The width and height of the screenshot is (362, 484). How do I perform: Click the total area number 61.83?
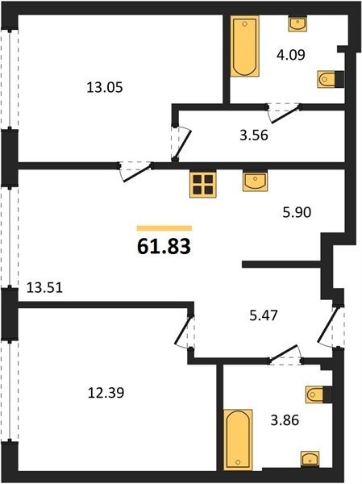(164, 247)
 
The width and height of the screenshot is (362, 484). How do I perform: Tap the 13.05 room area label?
(105, 88)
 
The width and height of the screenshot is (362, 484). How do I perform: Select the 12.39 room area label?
(106, 393)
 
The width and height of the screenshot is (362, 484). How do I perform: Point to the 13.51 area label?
(44, 288)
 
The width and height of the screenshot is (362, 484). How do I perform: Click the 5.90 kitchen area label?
(297, 212)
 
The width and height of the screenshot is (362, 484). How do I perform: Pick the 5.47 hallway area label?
(264, 315)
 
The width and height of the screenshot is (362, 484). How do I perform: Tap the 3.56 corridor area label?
(254, 136)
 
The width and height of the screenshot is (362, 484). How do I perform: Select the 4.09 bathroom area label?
(291, 55)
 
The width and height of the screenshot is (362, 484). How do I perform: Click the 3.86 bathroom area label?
(285, 420)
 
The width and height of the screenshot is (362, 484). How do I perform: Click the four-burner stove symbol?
(202, 184)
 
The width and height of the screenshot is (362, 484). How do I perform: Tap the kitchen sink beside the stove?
(255, 181)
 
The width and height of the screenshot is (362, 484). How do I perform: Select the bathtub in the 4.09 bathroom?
(245, 46)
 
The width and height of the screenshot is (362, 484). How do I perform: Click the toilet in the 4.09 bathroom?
(331, 79)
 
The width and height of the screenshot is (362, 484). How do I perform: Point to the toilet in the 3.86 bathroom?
(318, 394)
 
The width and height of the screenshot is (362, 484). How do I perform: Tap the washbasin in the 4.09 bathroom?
(298, 23)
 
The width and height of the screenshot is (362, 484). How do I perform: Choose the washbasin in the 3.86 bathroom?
(310, 459)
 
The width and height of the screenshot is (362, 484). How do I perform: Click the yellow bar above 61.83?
(164, 228)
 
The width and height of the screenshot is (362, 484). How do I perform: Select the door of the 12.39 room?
(184, 332)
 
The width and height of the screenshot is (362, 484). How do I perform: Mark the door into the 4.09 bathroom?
(284, 113)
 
